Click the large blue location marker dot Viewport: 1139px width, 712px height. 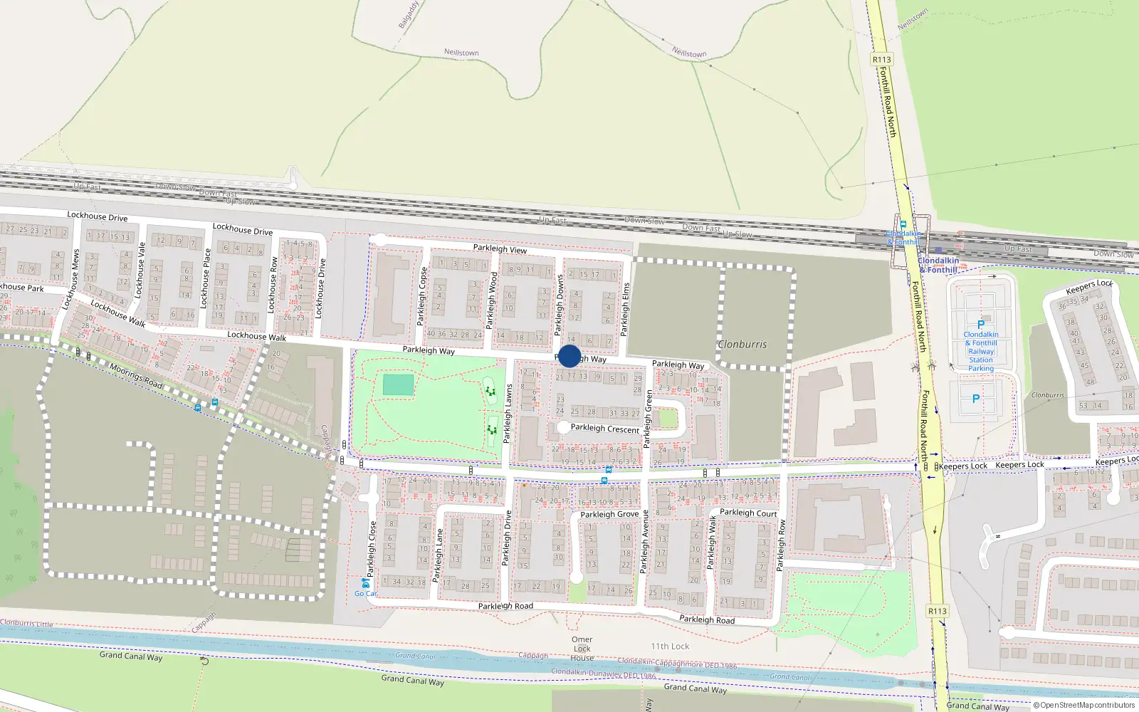(x=569, y=356)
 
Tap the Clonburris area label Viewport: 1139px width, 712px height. (x=742, y=345)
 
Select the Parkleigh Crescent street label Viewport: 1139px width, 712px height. (x=605, y=429)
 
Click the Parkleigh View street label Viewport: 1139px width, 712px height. (x=500, y=248)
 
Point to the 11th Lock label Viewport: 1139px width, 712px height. (x=670, y=646)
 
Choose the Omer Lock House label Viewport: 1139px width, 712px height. (x=582, y=648)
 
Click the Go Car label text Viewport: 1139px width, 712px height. (x=366, y=594)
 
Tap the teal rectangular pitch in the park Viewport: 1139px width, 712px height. (x=398, y=385)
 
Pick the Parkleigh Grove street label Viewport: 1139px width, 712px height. (x=609, y=514)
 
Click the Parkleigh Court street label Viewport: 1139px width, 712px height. (x=748, y=513)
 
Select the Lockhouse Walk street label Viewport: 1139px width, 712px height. (x=256, y=336)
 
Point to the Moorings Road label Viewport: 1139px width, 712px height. (x=136, y=375)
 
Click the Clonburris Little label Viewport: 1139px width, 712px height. (x=26, y=624)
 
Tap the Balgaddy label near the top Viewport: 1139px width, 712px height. (x=409, y=15)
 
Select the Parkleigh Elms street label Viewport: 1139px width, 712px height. (x=626, y=310)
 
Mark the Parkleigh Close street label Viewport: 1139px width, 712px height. (x=372, y=548)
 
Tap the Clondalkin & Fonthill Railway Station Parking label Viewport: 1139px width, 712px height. (x=980, y=351)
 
